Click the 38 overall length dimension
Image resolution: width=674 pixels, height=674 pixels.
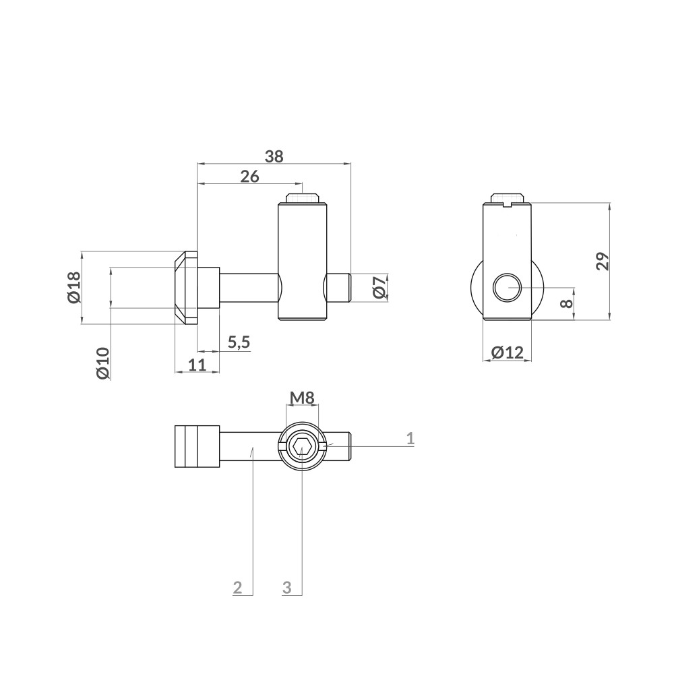(274, 156)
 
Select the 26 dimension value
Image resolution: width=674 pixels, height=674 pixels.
(249, 177)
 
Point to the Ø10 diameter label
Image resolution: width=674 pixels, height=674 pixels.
(102, 363)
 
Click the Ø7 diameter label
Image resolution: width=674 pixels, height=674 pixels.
(379, 288)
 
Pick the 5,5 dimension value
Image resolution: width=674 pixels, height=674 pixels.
(239, 342)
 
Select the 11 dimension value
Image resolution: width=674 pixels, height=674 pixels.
(196, 365)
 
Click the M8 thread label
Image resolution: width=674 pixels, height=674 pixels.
(302, 398)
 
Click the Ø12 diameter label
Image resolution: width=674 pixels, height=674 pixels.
(507, 352)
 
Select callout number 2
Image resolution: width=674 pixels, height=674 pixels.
(237, 587)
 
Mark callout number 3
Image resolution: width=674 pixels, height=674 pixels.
(286, 587)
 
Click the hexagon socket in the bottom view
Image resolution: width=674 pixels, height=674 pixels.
(302, 446)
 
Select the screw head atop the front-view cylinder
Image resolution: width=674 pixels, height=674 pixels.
(302, 199)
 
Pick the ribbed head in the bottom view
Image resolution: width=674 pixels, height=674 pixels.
(197, 446)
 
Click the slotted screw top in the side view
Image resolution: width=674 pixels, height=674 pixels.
(508, 199)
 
